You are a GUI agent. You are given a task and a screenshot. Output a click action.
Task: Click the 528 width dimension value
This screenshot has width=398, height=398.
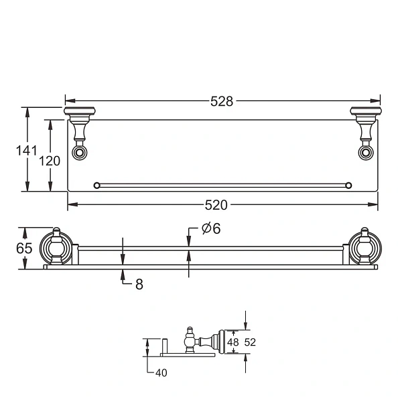(x=222, y=101)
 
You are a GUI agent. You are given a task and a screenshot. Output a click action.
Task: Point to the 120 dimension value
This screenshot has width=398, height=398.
(x=50, y=161)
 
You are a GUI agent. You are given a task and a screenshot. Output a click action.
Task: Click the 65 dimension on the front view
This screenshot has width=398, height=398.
(x=24, y=247)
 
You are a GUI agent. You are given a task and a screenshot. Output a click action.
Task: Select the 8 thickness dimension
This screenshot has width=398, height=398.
(x=139, y=284)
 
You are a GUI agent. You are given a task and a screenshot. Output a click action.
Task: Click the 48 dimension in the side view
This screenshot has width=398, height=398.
(x=233, y=342)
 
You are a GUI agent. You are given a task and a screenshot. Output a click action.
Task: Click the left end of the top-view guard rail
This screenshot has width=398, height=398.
(x=96, y=184)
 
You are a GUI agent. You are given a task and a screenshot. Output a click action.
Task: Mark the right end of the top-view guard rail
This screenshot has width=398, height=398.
(x=350, y=184)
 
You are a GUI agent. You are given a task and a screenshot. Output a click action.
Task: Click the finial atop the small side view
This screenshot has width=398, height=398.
(x=190, y=330)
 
